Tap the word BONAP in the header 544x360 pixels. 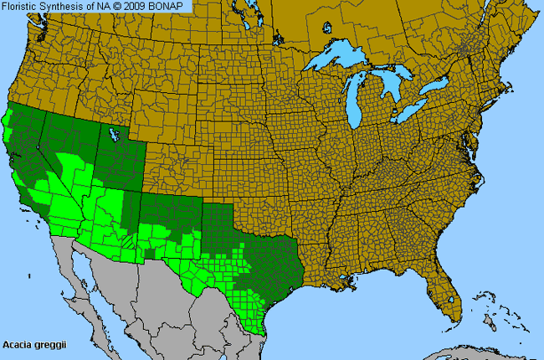point(172,6)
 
